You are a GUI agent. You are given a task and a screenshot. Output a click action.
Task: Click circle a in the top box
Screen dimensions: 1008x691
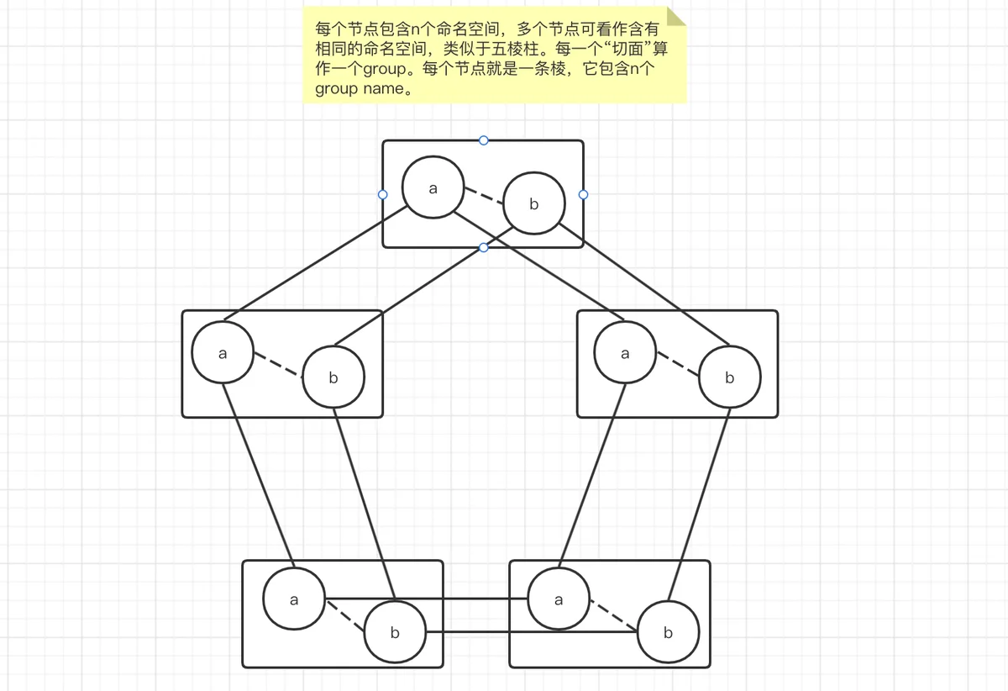click(x=433, y=187)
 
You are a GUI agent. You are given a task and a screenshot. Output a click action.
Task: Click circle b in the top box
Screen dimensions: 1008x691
click(x=533, y=203)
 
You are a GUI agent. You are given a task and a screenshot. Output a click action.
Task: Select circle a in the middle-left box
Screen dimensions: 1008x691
click(x=223, y=352)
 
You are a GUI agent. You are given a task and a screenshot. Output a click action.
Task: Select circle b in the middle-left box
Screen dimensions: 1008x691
click(x=333, y=377)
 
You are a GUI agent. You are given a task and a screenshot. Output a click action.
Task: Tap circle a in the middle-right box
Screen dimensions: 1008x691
click(x=625, y=352)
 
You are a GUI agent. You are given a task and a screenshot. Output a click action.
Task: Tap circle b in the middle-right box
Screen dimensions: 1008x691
click(x=729, y=377)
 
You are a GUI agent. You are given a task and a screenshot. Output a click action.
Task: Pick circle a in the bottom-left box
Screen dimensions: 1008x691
click(x=294, y=599)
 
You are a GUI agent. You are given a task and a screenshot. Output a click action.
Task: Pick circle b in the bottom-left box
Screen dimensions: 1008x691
click(x=395, y=631)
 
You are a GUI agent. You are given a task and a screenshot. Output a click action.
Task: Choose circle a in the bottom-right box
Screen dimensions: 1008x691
click(x=559, y=599)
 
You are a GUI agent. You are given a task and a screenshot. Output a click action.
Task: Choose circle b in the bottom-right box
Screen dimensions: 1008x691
click(x=669, y=631)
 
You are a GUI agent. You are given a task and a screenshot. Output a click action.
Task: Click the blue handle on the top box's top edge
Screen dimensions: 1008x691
click(x=483, y=140)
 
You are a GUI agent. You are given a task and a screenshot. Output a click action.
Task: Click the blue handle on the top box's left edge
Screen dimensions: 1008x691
click(x=382, y=194)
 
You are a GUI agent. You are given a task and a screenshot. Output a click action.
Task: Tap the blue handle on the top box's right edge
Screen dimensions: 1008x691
click(x=583, y=194)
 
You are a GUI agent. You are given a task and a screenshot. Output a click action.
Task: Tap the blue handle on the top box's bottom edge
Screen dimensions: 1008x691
click(x=483, y=248)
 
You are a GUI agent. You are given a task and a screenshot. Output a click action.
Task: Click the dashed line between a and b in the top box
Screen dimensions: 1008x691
click(x=484, y=196)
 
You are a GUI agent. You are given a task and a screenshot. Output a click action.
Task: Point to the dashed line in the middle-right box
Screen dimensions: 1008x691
click(x=678, y=364)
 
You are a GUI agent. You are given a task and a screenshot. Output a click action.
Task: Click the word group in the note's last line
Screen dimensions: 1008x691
click(x=336, y=89)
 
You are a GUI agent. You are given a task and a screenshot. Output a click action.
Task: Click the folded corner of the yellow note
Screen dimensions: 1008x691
click(x=676, y=17)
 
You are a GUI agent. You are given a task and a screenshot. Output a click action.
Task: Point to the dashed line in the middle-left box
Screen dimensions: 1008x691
click(x=278, y=365)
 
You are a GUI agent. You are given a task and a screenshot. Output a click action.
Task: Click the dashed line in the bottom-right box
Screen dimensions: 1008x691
click(x=614, y=615)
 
